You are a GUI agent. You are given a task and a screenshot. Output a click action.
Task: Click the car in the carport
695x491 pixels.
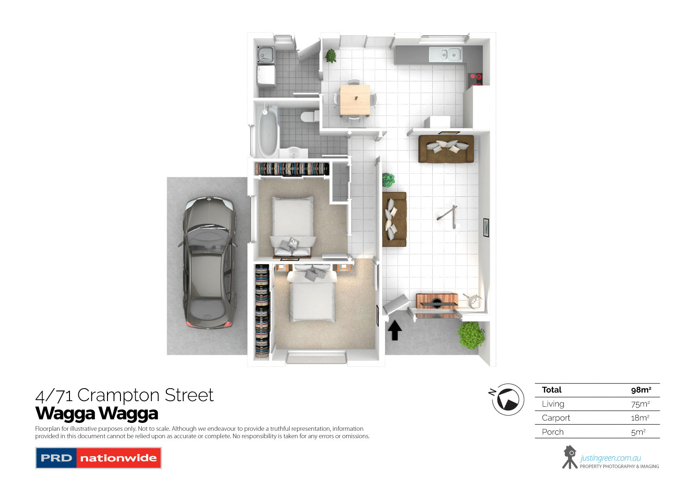tap(209, 263)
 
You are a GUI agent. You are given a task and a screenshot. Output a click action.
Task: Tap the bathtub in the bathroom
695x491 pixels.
tap(267, 131)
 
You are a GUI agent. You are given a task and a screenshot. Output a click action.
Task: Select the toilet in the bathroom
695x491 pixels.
tap(307, 116)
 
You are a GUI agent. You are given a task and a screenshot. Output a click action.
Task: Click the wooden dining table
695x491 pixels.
tap(355, 100)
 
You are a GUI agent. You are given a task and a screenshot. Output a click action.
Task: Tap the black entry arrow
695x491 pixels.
tap(394, 331)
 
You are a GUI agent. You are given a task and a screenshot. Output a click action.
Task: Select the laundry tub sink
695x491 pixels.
tap(265, 55)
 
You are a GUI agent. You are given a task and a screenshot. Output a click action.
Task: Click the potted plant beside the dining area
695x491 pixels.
tap(331, 56)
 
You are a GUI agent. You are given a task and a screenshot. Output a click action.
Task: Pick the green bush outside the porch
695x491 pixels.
tap(471, 335)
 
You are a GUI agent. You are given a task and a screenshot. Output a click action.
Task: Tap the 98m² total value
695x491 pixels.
tap(641, 390)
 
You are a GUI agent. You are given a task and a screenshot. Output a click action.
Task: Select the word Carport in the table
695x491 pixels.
tap(556, 418)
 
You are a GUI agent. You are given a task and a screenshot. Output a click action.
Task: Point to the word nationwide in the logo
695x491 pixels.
tap(118, 458)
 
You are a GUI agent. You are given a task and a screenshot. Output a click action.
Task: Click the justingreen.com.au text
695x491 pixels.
tap(611, 458)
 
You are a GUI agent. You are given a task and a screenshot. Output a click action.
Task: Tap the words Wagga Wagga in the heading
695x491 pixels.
tap(97, 413)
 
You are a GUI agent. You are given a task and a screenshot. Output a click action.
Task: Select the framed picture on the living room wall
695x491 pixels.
tap(486, 227)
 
